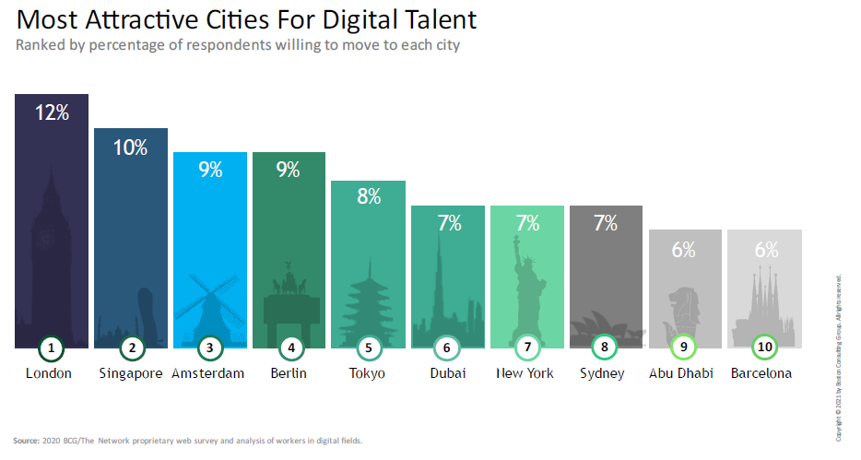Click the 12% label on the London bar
point(52,112)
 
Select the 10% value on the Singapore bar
point(130,147)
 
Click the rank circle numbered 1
point(52,348)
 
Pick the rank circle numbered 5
point(368,348)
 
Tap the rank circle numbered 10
point(764,348)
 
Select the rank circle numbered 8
point(605,348)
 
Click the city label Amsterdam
point(208,373)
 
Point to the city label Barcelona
point(761,373)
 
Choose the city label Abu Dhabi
point(683,373)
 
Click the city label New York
point(525,373)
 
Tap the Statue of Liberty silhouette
point(527,290)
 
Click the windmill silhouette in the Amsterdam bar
point(210,304)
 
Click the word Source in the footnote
point(26,441)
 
